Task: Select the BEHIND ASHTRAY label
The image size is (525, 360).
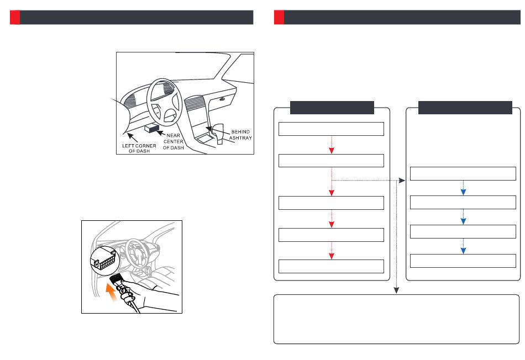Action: (240, 135)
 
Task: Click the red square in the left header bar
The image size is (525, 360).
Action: (15, 17)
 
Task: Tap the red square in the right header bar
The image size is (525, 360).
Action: (279, 17)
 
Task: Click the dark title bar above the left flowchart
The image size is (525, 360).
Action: (332, 107)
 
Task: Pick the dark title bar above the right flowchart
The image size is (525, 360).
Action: (465, 107)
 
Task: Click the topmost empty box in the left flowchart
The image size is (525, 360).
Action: (331, 129)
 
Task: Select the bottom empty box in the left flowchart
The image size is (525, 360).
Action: (331, 266)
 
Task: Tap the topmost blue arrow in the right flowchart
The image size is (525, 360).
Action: (463, 189)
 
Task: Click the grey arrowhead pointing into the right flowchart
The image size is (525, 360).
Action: (403, 180)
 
